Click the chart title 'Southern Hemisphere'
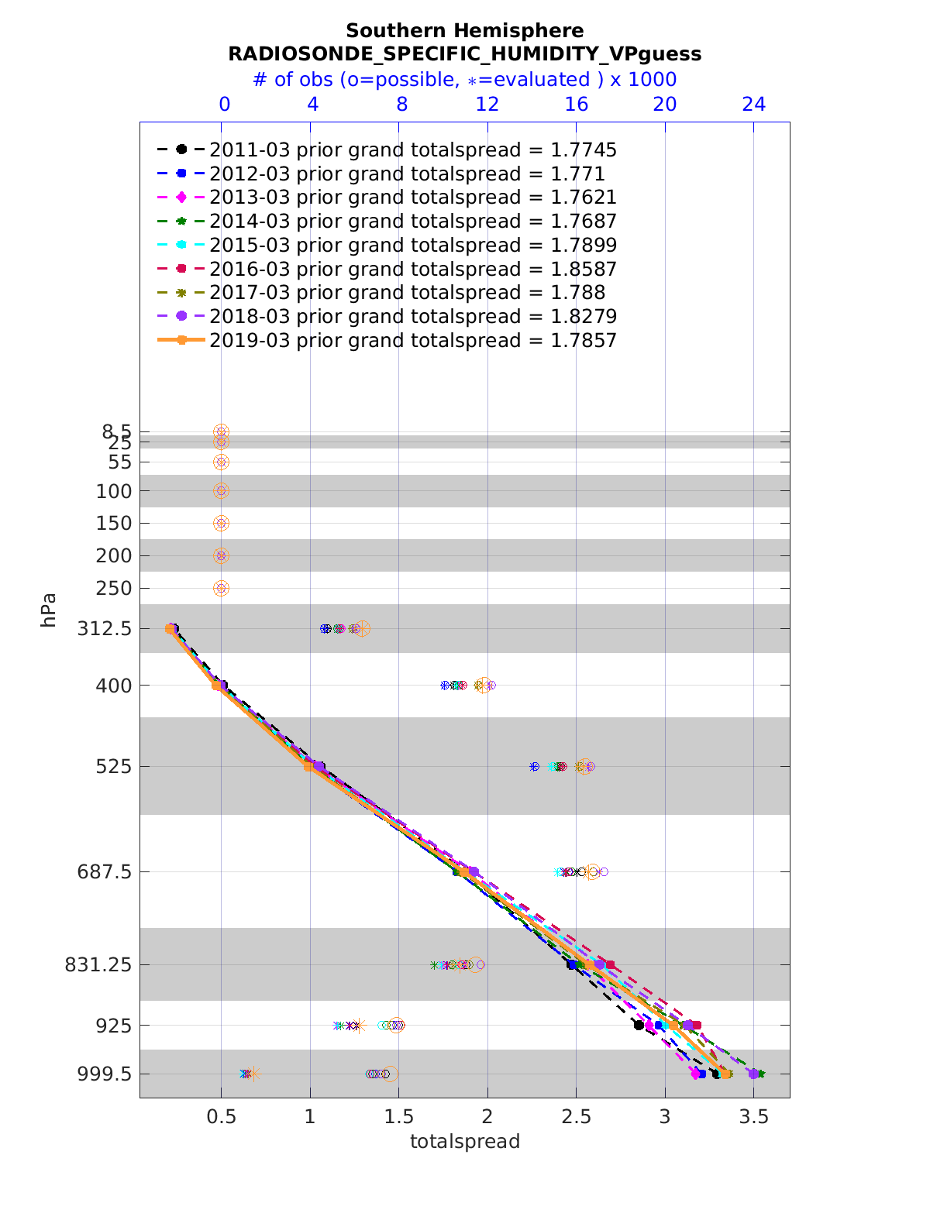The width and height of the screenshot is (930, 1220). click(464, 31)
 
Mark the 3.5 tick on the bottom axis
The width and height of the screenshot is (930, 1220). click(754, 1117)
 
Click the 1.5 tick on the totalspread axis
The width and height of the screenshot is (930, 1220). click(398, 1117)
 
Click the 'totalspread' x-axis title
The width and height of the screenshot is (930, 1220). click(464, 1141)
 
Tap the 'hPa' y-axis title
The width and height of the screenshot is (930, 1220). click(49, 610)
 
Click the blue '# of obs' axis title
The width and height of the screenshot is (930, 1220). click(464, 80)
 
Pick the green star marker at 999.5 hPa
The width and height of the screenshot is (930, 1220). click(760, 1074)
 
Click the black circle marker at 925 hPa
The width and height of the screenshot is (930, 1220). click(639, 1025)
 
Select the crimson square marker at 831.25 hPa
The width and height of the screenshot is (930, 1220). click(611, 965)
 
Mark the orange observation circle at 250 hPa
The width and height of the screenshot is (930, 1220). click(221, 589)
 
